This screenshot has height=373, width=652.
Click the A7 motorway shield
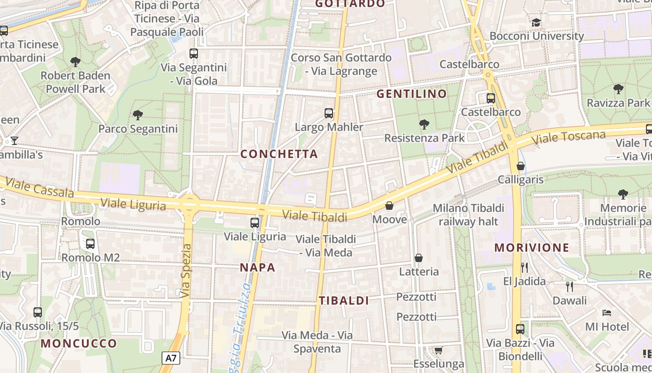171,358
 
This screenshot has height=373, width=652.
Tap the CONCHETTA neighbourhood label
279,154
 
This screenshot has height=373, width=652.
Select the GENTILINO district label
411,94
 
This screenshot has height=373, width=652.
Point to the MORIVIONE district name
532,248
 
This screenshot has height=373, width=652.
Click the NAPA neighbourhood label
258,268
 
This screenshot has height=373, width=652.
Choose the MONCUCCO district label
79,344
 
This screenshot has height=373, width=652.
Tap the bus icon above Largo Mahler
329,113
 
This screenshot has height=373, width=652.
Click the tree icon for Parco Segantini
137,115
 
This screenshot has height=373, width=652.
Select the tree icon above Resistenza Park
424,124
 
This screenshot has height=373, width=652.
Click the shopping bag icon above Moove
389,206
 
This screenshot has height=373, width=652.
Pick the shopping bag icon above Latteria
419,258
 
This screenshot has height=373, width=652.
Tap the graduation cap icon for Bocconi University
537,22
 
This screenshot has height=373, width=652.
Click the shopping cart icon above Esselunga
438,350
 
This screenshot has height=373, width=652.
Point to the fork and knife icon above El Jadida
524,267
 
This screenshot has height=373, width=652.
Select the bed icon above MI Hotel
606,312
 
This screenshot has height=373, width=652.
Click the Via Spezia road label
186,271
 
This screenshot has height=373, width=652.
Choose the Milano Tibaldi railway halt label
468,214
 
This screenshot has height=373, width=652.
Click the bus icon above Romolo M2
90,243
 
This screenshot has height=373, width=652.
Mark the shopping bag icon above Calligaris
521,166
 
